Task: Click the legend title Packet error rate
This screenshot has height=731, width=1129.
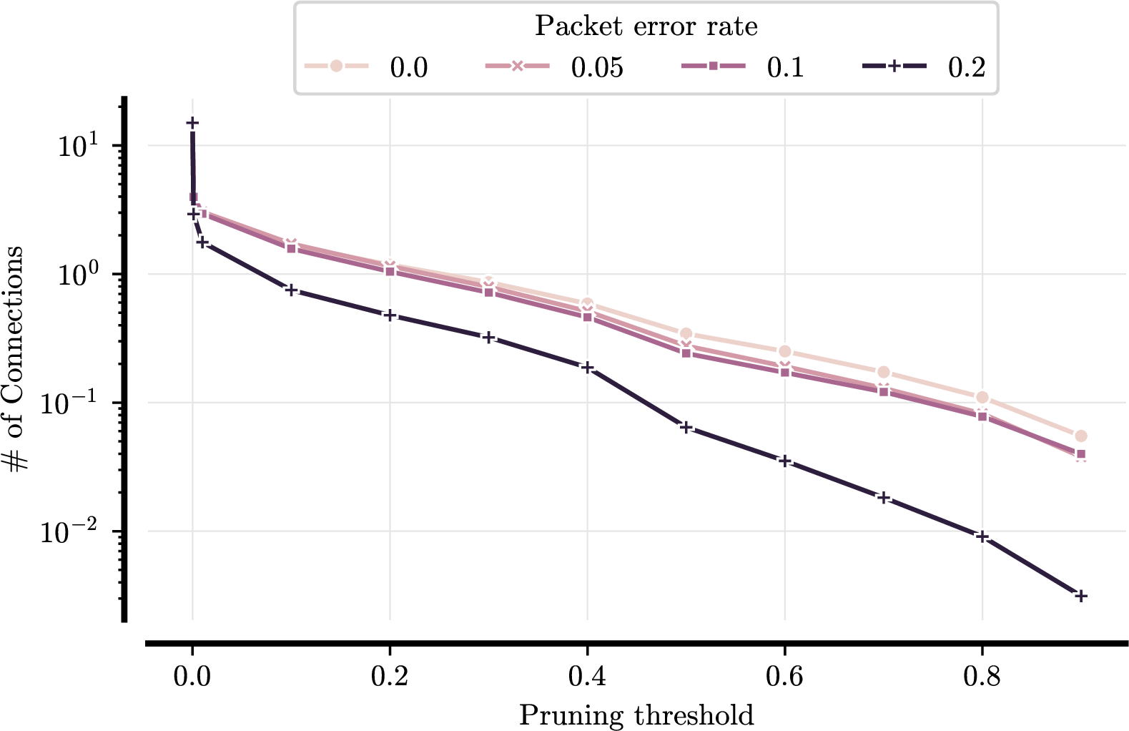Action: [646, 26]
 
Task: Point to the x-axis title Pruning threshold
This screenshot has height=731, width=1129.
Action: [636, 715]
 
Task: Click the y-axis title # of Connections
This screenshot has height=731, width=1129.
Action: [14, 360]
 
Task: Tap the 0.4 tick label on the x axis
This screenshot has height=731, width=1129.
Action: [587, 676]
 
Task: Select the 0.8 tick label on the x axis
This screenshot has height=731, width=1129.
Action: [982, 676]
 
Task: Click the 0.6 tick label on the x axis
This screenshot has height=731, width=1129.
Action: [784, 676]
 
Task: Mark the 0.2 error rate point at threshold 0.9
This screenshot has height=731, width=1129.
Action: [1081, 596]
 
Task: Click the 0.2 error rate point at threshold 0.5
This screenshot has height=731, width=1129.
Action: [686, 428]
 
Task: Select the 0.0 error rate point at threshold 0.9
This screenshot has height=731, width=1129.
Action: [1081, 436]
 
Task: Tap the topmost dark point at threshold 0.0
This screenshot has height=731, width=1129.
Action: [192, 123]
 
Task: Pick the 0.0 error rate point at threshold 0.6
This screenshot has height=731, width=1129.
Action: [784, 351]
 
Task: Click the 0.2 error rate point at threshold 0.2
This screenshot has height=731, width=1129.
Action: [390, 315]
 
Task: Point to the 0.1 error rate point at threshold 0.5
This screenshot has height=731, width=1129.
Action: [686, 353]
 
